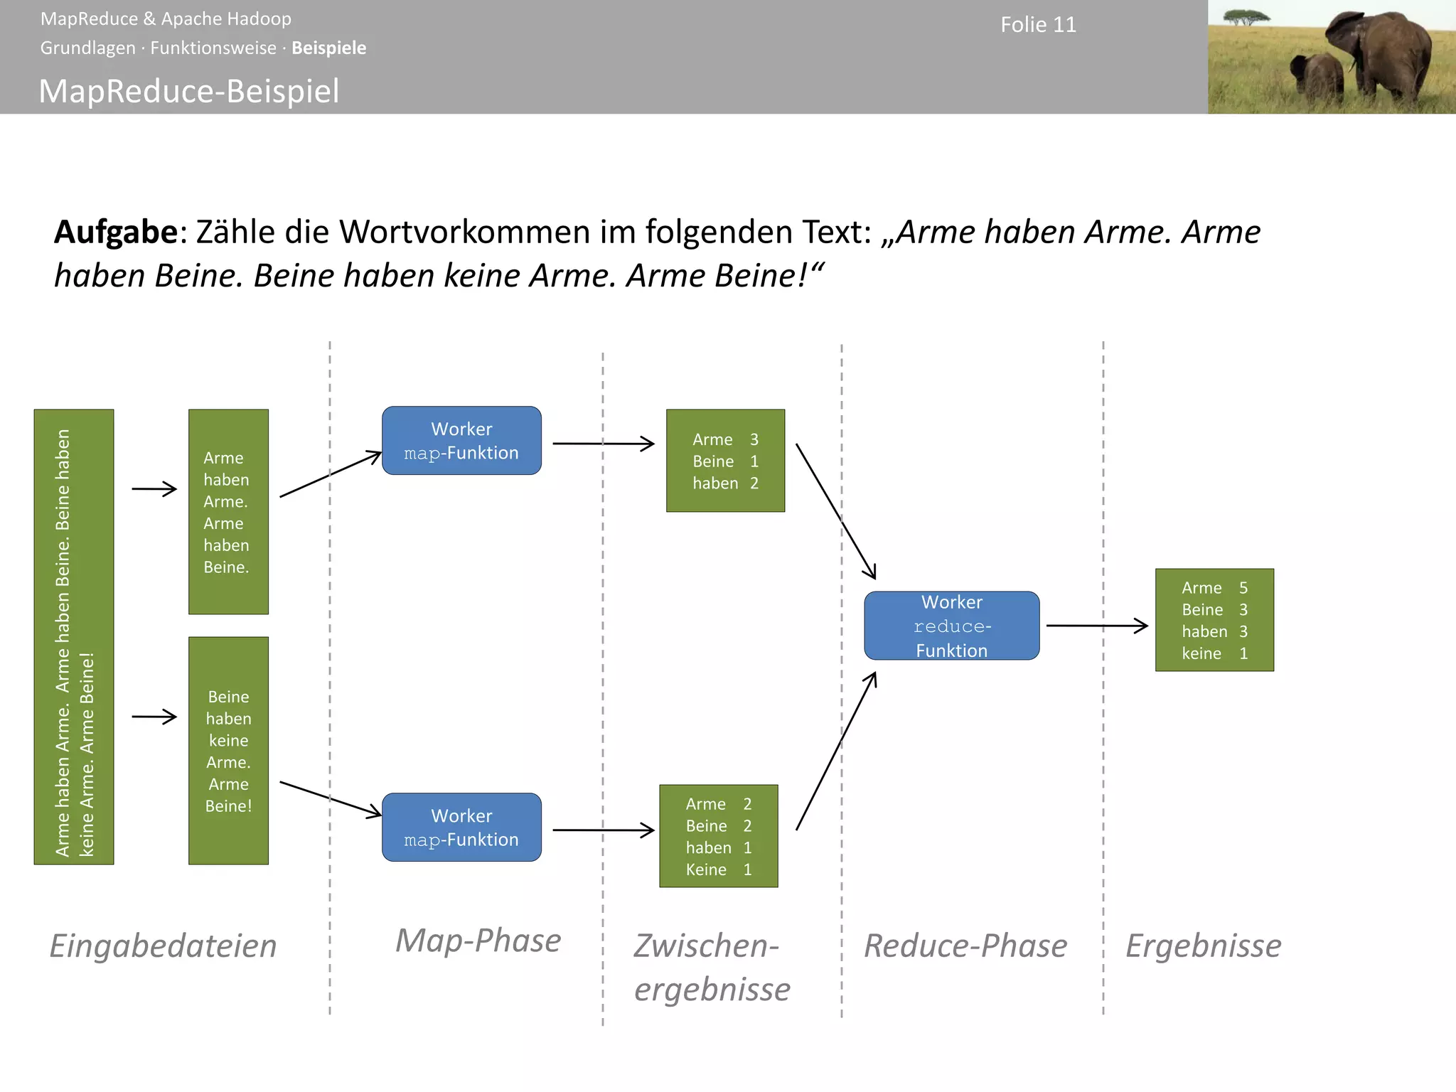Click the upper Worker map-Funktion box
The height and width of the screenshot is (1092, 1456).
461,441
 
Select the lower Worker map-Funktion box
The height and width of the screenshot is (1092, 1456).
461,828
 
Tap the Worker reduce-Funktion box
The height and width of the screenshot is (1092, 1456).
951,626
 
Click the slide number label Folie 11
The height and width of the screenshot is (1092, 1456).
1038,25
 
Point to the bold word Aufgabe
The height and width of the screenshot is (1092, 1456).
116,232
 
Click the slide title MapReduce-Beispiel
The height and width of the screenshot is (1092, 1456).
189,91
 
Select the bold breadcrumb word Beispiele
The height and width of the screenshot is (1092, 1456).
329,48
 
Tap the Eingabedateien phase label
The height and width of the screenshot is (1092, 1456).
164,946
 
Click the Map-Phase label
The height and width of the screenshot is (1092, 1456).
478,941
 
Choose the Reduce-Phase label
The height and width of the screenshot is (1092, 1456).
965,946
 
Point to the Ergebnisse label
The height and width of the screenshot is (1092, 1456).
1204,946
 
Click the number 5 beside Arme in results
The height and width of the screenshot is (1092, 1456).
1243,588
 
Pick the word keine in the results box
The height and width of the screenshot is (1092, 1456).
1201,653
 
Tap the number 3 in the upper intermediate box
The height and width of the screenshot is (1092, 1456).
754,439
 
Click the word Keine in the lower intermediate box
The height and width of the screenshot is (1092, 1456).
706,869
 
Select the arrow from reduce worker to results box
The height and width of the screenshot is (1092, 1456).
1097,626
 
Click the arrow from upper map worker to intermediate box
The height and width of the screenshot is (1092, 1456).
603,444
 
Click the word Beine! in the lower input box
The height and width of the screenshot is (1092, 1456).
228,806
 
